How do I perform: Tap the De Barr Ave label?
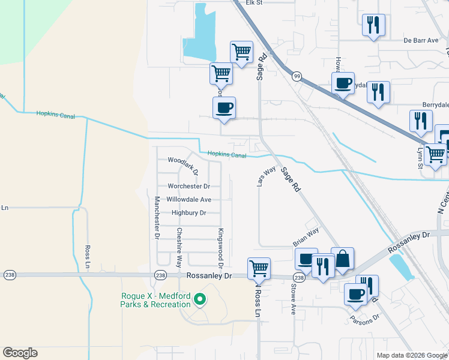[x=421, y=41]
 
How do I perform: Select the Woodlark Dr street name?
[x=183, y=162]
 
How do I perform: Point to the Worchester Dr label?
[x=188, y=187]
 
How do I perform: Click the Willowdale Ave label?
[x=188, y=199]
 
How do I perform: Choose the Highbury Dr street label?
[x=188, y=213]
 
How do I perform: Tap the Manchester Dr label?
[x=157, y=218]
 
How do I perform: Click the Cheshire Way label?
[x=179, y=247]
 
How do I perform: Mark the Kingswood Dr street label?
[x=221, y=248]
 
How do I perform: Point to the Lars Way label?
[x=266, y=176]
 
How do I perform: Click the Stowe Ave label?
[x=294, y=300]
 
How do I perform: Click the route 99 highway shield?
[x=297, y=77]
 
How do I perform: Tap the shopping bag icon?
[x=342, y=259]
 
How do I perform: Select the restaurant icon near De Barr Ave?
[x=373, y=25]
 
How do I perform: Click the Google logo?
[x=20, y=353]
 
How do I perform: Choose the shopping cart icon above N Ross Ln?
[x=259, y=268]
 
